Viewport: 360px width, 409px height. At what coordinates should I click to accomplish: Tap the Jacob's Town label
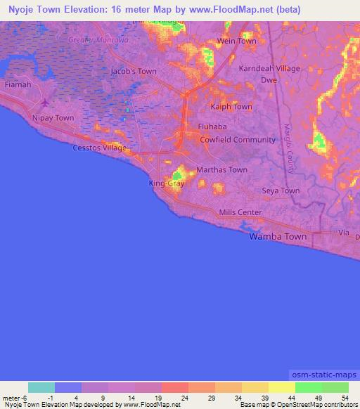pos(134,72)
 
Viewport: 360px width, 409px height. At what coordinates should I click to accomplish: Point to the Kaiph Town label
pos(231,107)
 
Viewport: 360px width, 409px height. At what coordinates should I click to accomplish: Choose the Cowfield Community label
pos(238,140)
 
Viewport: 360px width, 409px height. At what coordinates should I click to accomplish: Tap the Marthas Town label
pos(221,170)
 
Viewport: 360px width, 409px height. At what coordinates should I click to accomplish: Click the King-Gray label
pos(166,184)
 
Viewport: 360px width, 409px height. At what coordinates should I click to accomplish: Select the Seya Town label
pos(281,191)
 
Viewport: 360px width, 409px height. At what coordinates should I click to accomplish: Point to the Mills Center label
pos(240,213)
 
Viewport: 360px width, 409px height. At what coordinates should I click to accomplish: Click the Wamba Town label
pos(278,238)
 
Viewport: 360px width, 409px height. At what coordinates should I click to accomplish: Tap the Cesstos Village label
pos(100,148)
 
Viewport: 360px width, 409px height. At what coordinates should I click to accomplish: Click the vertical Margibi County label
pos(289,148)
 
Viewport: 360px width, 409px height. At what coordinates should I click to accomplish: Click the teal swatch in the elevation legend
pos(41,387)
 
